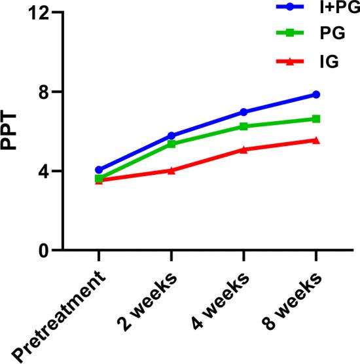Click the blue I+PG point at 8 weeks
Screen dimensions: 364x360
click(316, 94)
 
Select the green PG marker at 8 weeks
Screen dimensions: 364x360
click(316, 118)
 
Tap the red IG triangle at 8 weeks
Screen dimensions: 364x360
click(316, 140)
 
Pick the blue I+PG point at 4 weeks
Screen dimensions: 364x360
click(243, 112)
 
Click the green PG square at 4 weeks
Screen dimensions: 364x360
click(243, 126)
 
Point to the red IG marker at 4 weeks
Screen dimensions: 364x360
click(243, 149)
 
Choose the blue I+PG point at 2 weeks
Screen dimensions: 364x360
click(171, 136)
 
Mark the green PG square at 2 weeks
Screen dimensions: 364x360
click(171, 144)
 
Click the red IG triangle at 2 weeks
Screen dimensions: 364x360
click(171, 170)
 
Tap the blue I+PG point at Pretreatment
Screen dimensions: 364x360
click(99, 170)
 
